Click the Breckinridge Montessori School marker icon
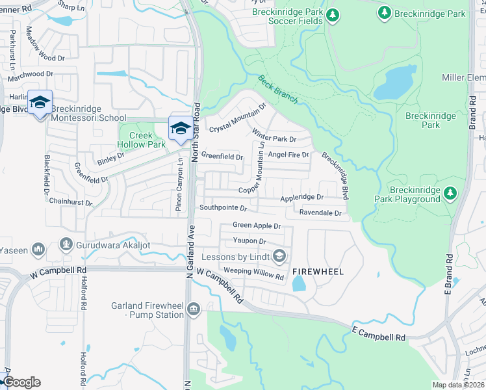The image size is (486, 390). click(40, 103)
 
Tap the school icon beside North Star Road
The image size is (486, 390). click(180, 128)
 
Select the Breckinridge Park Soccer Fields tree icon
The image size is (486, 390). click(333, 15)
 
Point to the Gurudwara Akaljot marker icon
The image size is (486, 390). click(65, 245)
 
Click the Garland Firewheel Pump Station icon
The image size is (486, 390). click(192, 308)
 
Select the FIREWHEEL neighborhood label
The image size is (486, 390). click(317, 270)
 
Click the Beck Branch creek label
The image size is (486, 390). click(277, 90)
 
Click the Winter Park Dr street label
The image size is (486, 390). click(274, 138)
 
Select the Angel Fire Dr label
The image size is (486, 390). click(288, 155)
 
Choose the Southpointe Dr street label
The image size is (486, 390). click(223, 209)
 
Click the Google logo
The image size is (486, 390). click(21, 382)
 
